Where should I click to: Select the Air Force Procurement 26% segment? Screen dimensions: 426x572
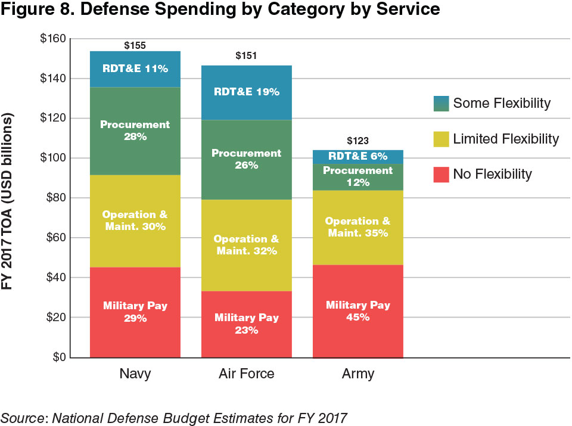tap(246, 159)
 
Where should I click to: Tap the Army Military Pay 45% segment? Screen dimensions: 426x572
tap(357, 311)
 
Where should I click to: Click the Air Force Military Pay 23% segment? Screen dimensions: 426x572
tap(246, 324)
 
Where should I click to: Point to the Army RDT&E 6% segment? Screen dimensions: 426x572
tap(357, 157)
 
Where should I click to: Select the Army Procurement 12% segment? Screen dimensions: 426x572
tap(357, 177)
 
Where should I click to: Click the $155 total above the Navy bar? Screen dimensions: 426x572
tap(135, 45)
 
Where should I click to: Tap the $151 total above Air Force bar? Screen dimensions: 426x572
tap(246, 57)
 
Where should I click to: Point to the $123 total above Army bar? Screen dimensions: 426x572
tap(357, 141)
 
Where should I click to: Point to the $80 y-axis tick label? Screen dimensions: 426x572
tap(54, 198)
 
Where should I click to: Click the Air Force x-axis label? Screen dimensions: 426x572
tap(246, 375)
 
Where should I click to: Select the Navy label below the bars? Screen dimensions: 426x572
tap(135, 375)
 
